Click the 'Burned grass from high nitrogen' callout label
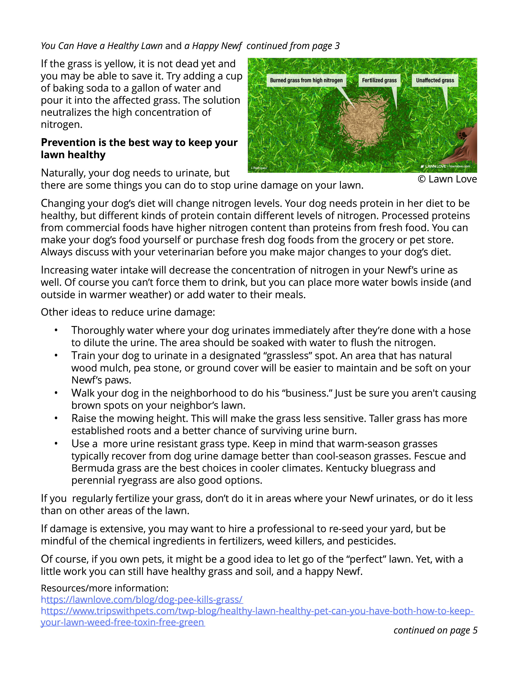point(306,80)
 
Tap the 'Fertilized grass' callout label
point(379,80)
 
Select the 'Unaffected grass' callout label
point(435,80)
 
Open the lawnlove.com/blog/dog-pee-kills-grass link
point(142,599)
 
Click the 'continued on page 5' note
point(435,630)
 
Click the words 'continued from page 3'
point(293,46)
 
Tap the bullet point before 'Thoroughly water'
point(56,331)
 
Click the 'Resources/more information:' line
point(105,588)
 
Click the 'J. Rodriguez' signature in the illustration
point(259,168)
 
